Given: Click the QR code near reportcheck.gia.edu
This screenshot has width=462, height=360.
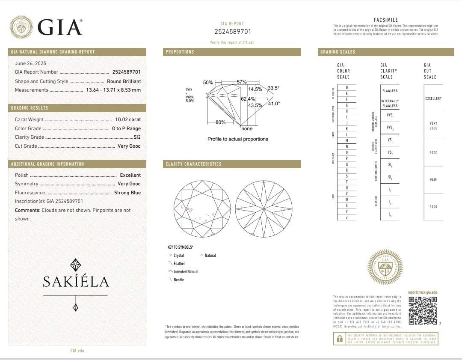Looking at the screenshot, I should [422, 310].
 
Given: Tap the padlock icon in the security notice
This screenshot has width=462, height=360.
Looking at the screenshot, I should [340, 339].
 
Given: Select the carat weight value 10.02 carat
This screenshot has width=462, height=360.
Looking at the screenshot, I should [128, 120].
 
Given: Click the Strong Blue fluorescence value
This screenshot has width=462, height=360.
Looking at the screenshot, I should [127, 193].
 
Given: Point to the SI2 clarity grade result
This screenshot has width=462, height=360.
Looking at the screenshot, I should [137, 137].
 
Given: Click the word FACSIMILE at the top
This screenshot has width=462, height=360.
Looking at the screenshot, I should [385, 20].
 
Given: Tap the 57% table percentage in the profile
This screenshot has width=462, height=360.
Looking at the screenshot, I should [242, 82].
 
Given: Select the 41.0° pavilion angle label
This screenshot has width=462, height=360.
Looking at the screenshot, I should [274, 104].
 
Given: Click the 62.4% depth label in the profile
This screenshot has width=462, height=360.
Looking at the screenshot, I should [248, 99].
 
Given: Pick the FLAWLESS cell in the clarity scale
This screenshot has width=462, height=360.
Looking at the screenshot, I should [390, 91].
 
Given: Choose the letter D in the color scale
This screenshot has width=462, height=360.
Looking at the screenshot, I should [346, 87].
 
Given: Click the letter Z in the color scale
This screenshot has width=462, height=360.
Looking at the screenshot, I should [346, 217].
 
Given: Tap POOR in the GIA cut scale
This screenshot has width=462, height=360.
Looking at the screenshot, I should [433, 207].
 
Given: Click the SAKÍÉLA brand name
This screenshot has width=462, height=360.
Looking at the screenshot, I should [76, 281].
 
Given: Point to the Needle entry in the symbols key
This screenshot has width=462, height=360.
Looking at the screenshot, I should [179, 280].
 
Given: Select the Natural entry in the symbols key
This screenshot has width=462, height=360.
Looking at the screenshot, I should [210, 256].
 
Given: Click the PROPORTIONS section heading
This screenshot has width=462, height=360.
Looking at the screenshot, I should [180, 52].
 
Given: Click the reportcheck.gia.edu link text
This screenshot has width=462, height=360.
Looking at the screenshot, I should [422, 292].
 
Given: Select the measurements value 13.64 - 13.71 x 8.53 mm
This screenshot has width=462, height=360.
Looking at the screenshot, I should [113, 90].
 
